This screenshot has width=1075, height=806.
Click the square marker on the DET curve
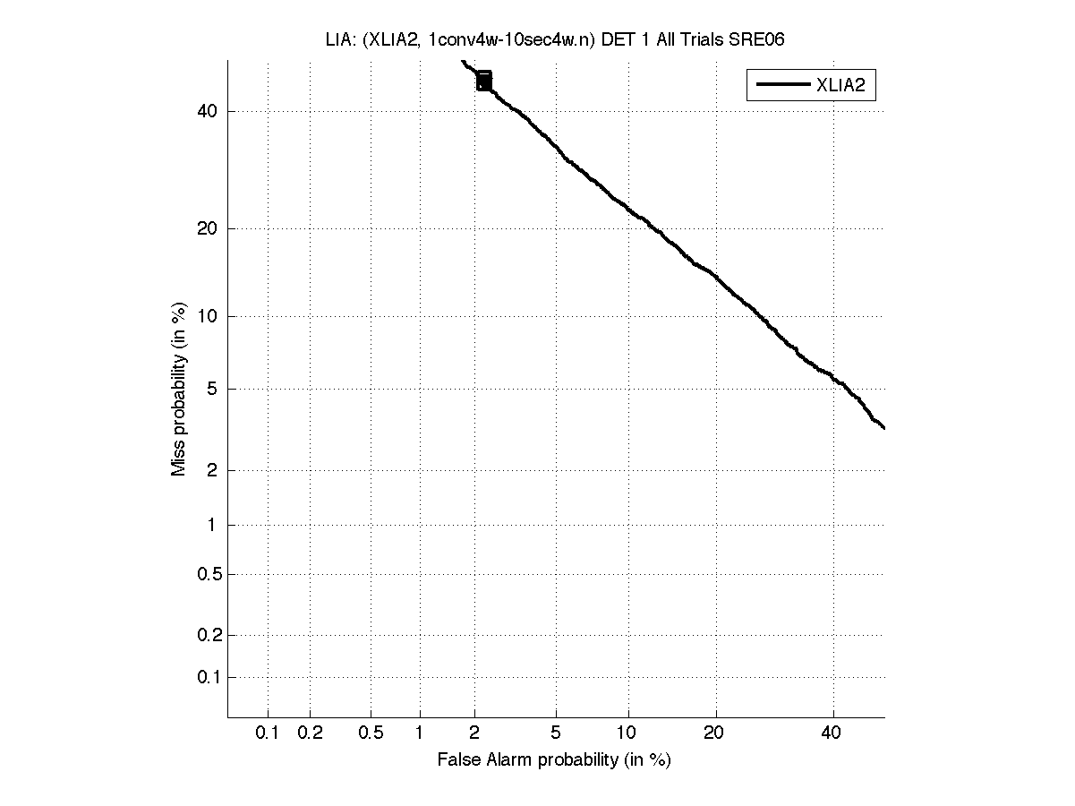coord(484,81)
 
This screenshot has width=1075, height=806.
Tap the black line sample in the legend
coord(783,85)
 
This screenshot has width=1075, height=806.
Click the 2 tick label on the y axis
coord(213,470)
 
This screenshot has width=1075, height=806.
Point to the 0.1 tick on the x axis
coord(268,733)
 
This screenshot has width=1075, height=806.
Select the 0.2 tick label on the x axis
coord(310,733)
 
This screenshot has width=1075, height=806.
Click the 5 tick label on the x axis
coord(556,733)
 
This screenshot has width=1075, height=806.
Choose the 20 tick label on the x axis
coord(713,733)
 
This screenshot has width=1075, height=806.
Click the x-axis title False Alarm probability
coord(554,760)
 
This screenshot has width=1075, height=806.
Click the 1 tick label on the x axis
coord(419,733)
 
